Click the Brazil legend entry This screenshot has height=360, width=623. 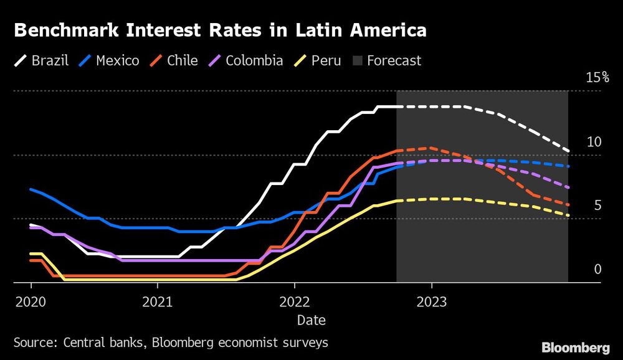[40, 60]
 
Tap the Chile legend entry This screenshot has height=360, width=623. [174, 60]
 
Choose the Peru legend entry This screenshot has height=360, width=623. [318, 60]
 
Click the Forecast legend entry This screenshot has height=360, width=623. [387, 60]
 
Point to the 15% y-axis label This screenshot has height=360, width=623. [597, 77]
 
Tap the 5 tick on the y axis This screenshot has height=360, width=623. [597, 205]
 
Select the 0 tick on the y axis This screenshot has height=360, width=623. [597, 269]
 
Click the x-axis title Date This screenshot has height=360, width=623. [311, 320]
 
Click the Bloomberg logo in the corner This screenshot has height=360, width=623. [576, 348]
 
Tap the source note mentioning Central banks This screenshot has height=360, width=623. [170, 343]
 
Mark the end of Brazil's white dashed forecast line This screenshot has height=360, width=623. [568, 151]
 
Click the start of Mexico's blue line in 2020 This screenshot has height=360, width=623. [31, 189]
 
